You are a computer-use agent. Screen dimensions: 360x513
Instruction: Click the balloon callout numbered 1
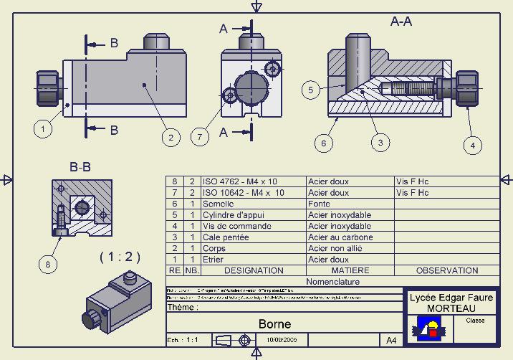[44, 129]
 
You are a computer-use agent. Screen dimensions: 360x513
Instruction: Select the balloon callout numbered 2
[171, 137]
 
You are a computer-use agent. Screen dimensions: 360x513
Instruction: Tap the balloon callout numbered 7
[201, 136]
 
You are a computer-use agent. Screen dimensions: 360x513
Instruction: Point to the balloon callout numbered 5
[310, 90]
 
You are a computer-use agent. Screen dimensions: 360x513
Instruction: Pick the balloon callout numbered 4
[471, 146]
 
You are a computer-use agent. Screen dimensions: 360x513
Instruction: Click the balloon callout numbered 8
[49, 264]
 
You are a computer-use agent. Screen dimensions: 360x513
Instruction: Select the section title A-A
[401, 22]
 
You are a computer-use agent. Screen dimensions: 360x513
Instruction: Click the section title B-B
[80, 167]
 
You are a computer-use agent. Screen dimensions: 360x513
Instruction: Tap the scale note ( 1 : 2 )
[120, 256]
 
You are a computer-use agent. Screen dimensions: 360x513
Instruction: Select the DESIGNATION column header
[254, 270]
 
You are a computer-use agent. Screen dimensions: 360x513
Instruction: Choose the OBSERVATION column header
[446, 270]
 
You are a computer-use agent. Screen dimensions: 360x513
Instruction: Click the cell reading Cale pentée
[226, 237]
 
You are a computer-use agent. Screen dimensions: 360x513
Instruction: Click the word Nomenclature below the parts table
[332, 282]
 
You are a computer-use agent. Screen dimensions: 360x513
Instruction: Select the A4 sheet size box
[391, 340]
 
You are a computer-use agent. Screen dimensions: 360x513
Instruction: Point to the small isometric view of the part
[118, 302]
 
